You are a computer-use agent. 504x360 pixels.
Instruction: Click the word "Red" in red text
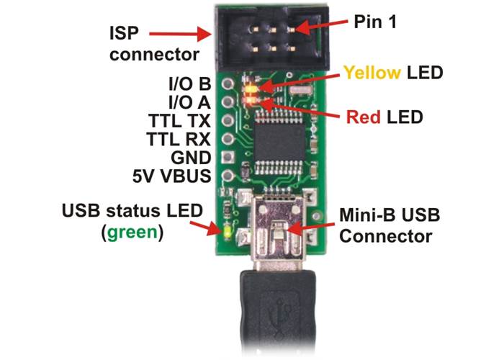pyautogui.click(x=364, y=116)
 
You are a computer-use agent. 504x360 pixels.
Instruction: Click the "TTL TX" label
pyautogui.click(x=179, y=119)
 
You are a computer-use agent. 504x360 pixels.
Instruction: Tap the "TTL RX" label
pyautogui.click(x=179, y=138)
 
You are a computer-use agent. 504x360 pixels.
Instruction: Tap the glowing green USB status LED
pyautogui.click(x=228, y=233)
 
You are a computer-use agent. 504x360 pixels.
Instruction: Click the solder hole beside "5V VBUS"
pyautogui.click(x=228, y=175)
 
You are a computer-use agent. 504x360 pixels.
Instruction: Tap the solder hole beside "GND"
pyautogui.click(x=228, y=157)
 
